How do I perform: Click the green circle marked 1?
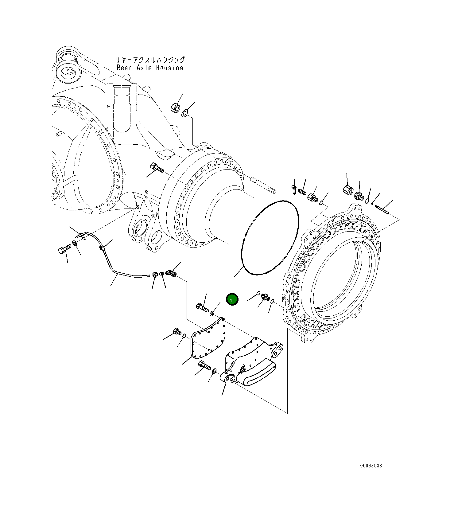point(232,299)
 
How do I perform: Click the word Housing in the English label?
point(169,68)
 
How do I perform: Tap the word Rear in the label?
point(124,68)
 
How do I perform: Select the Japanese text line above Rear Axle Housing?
point(150,60)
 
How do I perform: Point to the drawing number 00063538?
point(371,466)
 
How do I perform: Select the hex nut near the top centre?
point(175,108)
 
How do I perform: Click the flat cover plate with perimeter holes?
point(209,339)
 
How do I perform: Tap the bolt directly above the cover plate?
point(201,307)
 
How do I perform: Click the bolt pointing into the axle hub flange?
point(157,168)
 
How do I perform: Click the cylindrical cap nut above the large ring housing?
point(347,189)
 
